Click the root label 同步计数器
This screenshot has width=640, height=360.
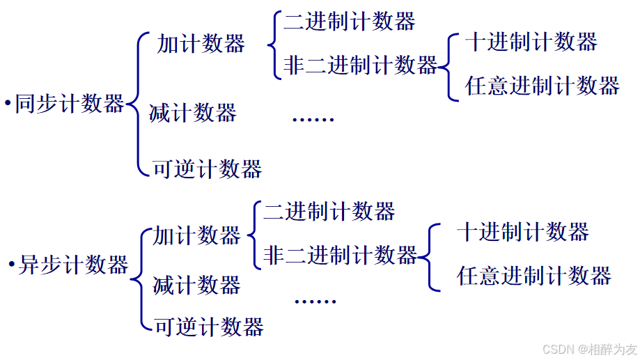tap(70, 104)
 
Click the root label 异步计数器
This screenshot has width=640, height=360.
tap(73, 265)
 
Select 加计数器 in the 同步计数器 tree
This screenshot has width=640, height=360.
tap(201, 44)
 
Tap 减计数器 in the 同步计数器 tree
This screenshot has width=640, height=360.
tap(193, 112)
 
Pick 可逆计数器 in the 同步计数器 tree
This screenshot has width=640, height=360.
tap(208, 169)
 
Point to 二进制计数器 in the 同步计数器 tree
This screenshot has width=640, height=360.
tap(349, 22)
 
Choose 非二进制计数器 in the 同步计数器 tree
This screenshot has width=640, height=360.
tap(360, 65)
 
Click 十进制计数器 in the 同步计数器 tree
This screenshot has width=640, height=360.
tap(531, 42)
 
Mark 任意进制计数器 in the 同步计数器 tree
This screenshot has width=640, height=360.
tap(543, 86)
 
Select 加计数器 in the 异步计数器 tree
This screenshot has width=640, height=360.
tap(197, 235)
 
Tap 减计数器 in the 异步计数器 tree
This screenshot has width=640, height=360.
tap(197, 285)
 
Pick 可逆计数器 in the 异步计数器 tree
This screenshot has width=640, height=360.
tap(209, 326)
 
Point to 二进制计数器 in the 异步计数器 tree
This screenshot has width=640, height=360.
tap(329, 210)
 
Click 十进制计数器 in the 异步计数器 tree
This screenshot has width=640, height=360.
tap(523, 231)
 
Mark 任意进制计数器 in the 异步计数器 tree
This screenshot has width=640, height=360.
tap(534, 276)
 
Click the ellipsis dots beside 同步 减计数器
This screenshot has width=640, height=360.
tap(313, 119)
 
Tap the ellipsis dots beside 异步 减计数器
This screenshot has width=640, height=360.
tap(315, 302)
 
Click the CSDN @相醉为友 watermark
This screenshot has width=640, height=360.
tap(589, 349)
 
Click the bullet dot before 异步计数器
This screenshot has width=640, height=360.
tap(12, 265)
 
